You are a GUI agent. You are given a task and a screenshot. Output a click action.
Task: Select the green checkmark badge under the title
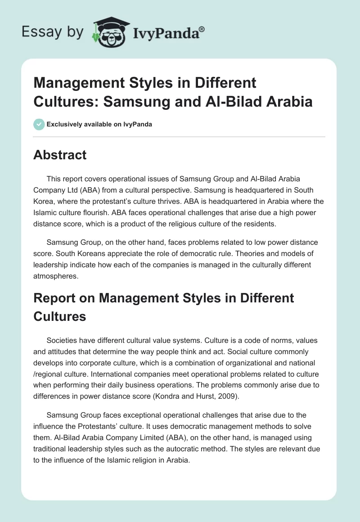click(39, 124)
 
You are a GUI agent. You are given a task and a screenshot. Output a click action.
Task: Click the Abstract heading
click(60, 155)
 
